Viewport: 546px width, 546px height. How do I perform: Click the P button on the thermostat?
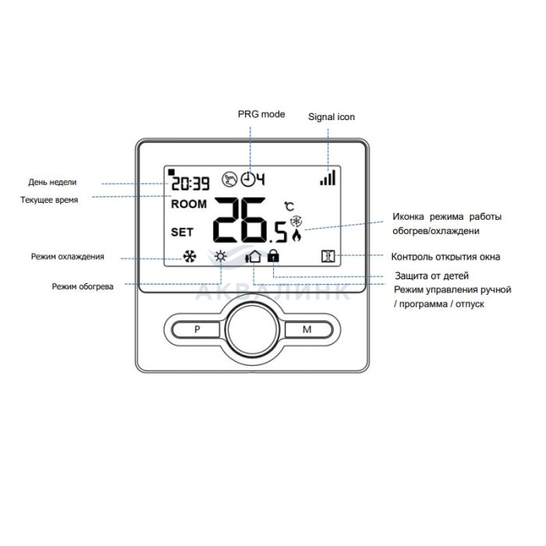pos(197,329)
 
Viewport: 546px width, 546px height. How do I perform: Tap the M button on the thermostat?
pos(307,329)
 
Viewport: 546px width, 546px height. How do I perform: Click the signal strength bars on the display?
pos(328,179)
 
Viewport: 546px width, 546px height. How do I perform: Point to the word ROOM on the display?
pos(189,204)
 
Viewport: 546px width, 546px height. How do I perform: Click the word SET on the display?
pos(182,232)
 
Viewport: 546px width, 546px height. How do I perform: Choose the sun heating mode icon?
pos(222,256)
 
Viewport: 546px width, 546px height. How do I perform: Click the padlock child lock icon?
pos(272,256)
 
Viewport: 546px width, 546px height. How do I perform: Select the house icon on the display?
pos(253,256)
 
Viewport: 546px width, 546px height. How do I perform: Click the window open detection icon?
pos(328,256)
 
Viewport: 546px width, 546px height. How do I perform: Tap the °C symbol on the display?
pos(289,207)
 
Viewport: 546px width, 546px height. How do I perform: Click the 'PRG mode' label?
pos(261,115)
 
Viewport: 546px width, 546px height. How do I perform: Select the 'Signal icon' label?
pos(331,117)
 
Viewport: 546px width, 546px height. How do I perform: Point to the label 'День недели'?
pos(52,183)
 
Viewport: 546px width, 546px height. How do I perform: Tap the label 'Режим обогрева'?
pos(83,286)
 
